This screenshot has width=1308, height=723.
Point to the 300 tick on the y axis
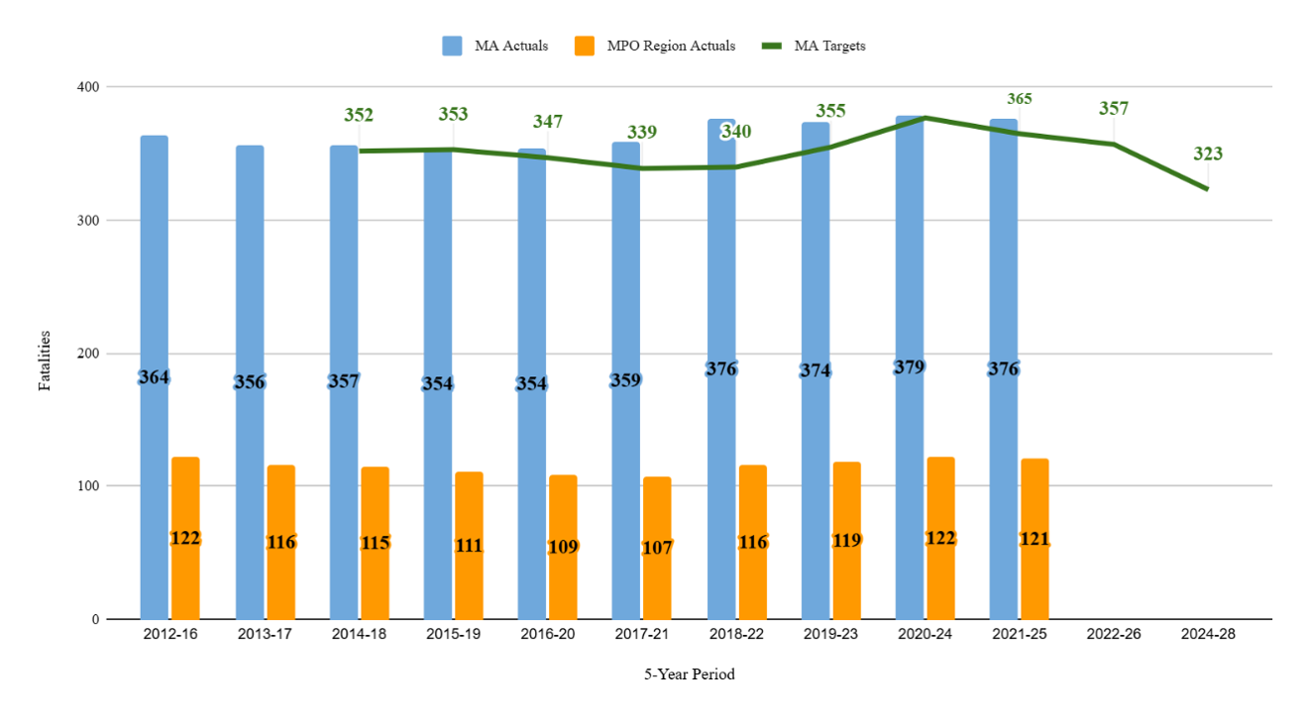pyautogui.click(x=89, y=220)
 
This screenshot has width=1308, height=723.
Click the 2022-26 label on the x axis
pyautogui.click(x=1114, y=634)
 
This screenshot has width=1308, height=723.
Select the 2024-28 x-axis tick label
pyautogui.click(x=1208, y=634)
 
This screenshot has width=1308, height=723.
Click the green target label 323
pyautogui.click(x=1207, y=154)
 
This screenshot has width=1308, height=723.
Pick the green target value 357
pyautogui.click(x=1113, y=108)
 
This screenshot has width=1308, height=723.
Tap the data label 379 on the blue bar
pyautogui.click(x=909, y=366)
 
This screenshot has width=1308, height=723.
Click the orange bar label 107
pyautogui.click(x=657, y=547)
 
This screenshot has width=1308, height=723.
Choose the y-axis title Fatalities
pyautogui.click(x=45, y=361)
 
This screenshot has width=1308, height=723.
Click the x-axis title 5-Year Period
pyautogui.click(x=690, y=674)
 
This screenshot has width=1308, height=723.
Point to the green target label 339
pyautogui.click(x=641, y=132)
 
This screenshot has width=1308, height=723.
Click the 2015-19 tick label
pyautogui.click(x=453, y=634)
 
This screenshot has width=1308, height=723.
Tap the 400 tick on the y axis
pyautogui.click(x=89, y=87)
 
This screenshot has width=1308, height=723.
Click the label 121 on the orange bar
pyautogui.click(x=1035, y=539)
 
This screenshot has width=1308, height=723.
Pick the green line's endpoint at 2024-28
pyautogui.click(x=1207, y=188)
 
